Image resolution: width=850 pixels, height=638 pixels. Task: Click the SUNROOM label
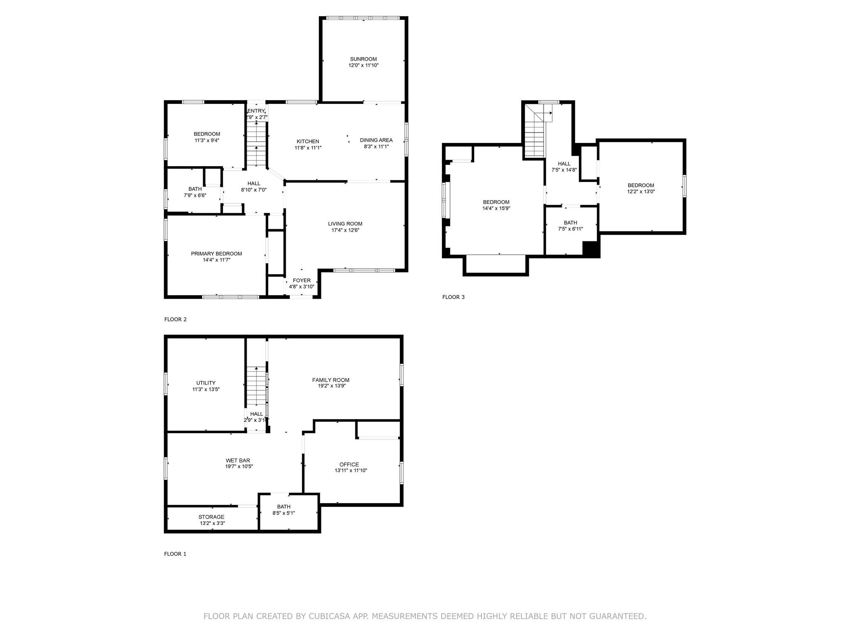(x=363, y=59)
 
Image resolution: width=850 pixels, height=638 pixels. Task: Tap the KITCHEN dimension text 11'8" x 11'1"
(x=308, y=148)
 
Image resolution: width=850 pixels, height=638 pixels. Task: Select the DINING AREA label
(x=376, y=140)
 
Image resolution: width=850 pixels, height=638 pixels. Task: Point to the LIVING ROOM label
(x=345, y=224)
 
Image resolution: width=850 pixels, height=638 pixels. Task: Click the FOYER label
(x=301, y=280)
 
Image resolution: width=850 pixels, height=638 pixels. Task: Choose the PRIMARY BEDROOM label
(x=216, y=254)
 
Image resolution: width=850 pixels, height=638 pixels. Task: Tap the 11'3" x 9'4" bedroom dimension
(x=207, y=140)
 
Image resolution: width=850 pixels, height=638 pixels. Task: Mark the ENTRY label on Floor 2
(x=256, y=111)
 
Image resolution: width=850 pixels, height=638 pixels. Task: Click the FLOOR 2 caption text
(x=175, y=319)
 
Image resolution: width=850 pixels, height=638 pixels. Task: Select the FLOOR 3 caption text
(x=453, y=297)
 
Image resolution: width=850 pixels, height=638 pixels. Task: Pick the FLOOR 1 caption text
(x=175, y=554)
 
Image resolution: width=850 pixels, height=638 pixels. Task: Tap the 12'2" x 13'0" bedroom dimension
(x=641, y=192)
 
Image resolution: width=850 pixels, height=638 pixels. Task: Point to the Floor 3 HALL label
(x=564, y=164)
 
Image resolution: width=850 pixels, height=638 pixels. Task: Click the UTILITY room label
(x=206, y=383)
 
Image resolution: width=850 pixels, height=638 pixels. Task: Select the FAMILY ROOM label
(x=331, y=380)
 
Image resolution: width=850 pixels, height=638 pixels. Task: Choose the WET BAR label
(x=238, y=460)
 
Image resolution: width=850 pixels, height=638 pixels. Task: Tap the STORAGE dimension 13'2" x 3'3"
(x=212, y=523)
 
